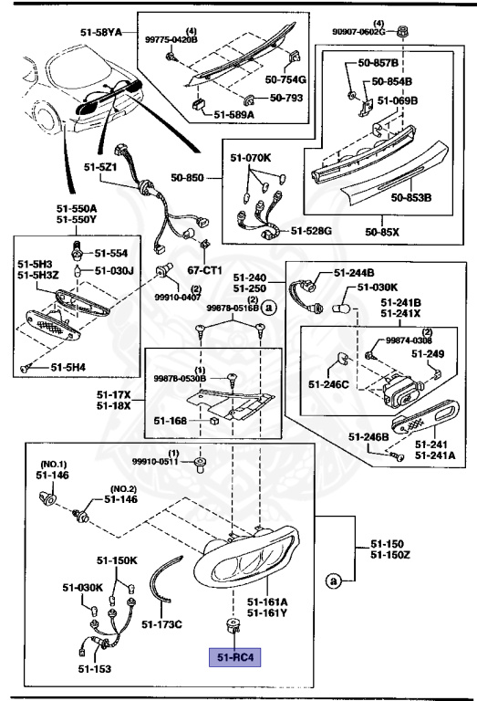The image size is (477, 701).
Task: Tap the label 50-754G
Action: click(286, 80)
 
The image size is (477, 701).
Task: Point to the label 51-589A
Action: click(234, 115)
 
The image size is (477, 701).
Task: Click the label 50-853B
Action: click(411, 196)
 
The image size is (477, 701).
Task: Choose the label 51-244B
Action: click(354, 272)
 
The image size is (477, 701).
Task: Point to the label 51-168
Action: click(170, 421)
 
